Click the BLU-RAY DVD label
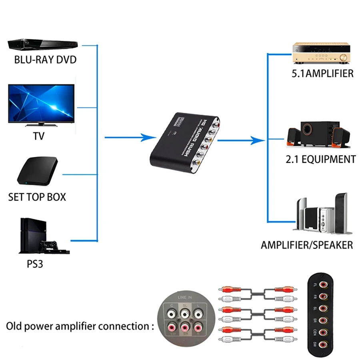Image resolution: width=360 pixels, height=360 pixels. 45,60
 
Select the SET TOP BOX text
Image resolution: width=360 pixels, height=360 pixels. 37,197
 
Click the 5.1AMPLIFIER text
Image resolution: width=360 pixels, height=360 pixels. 322,74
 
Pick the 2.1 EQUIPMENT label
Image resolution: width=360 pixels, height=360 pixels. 320,159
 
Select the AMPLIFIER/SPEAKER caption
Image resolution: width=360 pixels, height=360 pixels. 307,245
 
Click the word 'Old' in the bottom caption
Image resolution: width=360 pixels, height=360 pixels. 14,326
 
